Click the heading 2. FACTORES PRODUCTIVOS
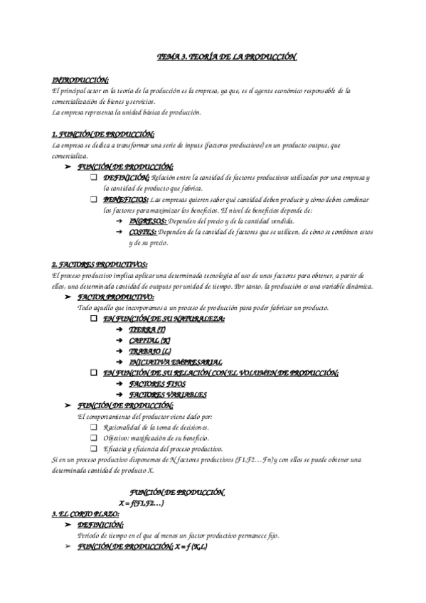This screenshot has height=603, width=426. point(100,265)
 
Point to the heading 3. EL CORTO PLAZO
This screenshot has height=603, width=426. point(85,513)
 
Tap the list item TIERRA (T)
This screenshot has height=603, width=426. point(147,331)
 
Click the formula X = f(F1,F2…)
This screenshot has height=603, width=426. point(142,503)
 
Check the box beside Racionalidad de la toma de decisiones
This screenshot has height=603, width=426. point(95,427)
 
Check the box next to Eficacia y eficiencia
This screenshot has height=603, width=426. point(95,449)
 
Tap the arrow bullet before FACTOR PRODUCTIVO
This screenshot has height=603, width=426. point(68,297)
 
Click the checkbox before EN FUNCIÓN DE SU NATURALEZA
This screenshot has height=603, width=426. point(95,319)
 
